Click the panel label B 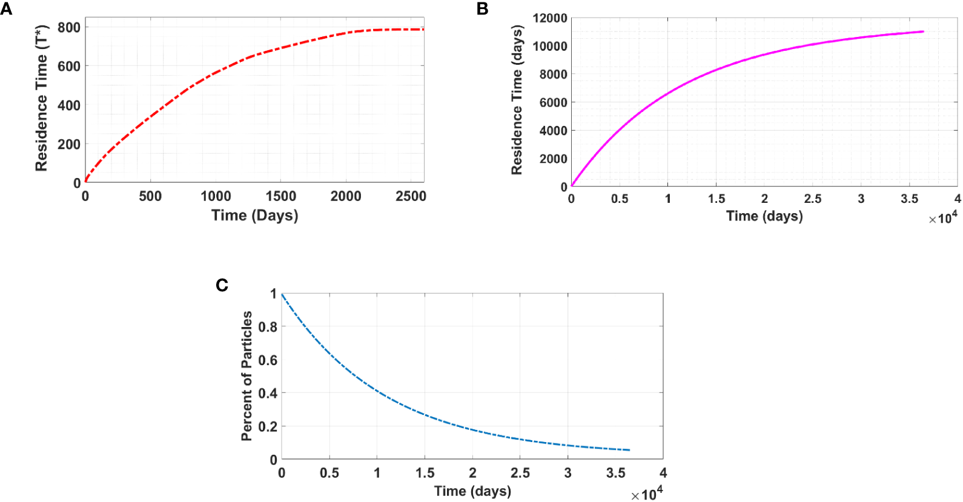483,8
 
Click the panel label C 222,285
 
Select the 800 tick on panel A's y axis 69,27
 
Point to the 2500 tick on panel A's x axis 411,196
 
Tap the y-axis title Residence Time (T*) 41,99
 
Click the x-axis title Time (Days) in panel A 254,216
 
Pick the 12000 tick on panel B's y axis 550,18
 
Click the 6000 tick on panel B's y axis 554,102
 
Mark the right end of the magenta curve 923,31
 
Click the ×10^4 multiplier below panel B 943,218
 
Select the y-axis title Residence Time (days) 517,101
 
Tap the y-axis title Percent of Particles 247,376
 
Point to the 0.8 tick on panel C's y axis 268,327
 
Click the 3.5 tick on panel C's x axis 615,473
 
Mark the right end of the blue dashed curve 629,450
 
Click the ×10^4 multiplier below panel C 647,494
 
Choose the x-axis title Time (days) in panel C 472,491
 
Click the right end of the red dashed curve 423,29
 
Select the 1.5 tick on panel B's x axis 716,199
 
